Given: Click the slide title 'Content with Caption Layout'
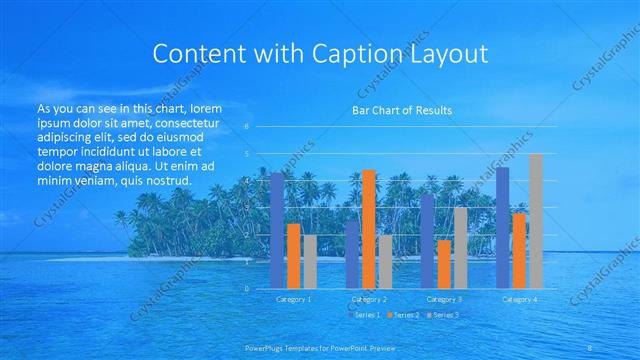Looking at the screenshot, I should pyautogui.click(x=320, y=53).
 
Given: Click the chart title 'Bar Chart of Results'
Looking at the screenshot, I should pyautogui.click(x=400, y=110).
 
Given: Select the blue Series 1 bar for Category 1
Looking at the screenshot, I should pyautogui.click(x=277, y=230).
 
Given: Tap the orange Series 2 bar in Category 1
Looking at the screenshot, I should pyautogui.click(x=293, y=256).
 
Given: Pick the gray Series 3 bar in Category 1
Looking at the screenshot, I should pyautogui.click(x=309, y=262).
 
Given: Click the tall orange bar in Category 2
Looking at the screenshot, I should pyautogui.click(x=369, y=229).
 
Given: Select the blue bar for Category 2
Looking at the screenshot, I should pyautogui.click(x=352, y=255).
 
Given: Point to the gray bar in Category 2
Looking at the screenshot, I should pyautogui.click(x=385, y=262).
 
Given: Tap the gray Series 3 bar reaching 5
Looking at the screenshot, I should pyautogui.click(x=535, y=221).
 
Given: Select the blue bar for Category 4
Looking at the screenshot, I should pyautogui.click(x=503, y=228).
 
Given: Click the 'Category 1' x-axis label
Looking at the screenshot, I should pyautogui.click(x=293, y=299).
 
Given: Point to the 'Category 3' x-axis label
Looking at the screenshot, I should pyautogui.click(x=444, y=299).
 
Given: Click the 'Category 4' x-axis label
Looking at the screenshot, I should pyautogui.click(x=519, y=299).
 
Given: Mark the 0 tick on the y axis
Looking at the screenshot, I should pyautogui.click(x=247, y=288).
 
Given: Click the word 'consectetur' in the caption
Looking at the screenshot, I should pyautogui.click(x=188, y=121).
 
